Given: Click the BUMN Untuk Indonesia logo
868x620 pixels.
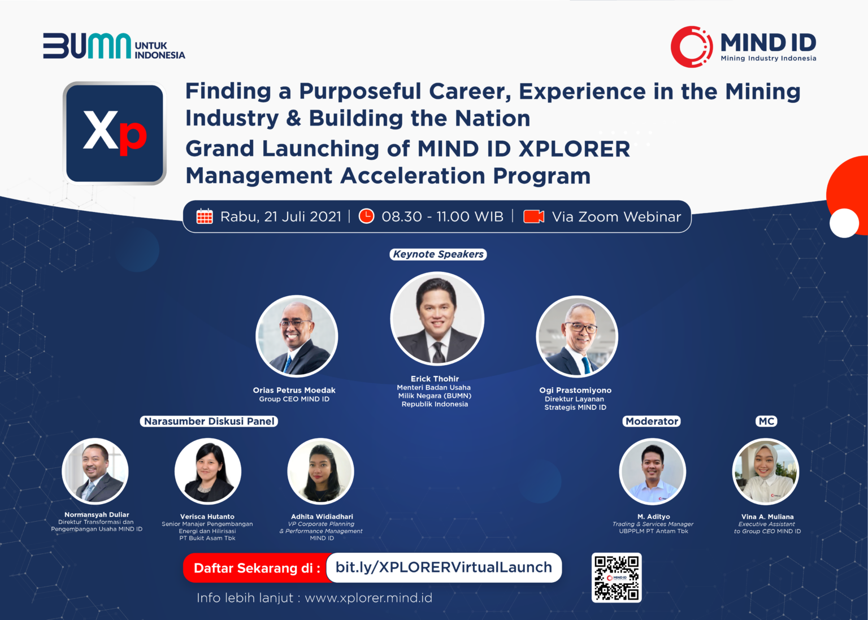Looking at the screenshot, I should pos(114,46).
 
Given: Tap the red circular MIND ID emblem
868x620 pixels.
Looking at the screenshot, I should pos(691,46).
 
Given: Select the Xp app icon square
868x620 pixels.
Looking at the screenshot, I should pos(115,133).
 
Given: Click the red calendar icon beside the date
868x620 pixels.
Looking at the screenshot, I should pos(205,216).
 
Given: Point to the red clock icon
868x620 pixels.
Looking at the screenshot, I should pos(367,216).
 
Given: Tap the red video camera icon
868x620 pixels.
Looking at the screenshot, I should pos(533,216).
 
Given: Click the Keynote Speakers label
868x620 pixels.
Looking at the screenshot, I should pos(438,254).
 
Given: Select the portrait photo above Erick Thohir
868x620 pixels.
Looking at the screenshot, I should pos(437,318).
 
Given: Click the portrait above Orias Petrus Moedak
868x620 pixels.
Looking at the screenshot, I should pos(297,336).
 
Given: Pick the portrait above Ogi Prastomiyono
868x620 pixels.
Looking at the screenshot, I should pos(576,337).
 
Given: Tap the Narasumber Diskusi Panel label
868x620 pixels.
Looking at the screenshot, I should pos(209,421).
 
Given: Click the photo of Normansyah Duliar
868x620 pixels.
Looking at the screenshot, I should pos(95,471).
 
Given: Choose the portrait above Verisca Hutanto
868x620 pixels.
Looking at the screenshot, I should pos(208,471).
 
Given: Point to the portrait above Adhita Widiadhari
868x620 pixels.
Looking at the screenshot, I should pos(320,471).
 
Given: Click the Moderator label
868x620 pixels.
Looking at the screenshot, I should pos(652,421).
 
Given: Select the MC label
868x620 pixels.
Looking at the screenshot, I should pos(766,421).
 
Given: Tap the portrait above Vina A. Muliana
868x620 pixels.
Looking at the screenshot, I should pos(765,471).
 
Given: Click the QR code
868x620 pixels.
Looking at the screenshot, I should pos(616,577).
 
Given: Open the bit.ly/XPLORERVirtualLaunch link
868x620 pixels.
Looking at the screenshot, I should pos(444,567).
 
